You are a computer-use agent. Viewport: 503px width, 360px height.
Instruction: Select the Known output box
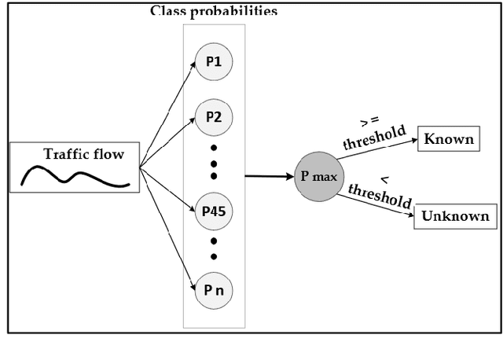449,140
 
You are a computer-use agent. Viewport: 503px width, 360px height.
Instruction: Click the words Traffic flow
84,154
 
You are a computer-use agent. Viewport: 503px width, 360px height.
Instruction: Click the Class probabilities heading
214,11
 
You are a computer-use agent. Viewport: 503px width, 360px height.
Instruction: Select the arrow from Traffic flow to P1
167,113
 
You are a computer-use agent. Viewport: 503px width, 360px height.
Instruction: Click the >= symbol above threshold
369,121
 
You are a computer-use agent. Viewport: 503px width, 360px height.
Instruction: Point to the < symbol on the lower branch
384,179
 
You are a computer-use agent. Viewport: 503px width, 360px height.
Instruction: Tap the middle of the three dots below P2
215,163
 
